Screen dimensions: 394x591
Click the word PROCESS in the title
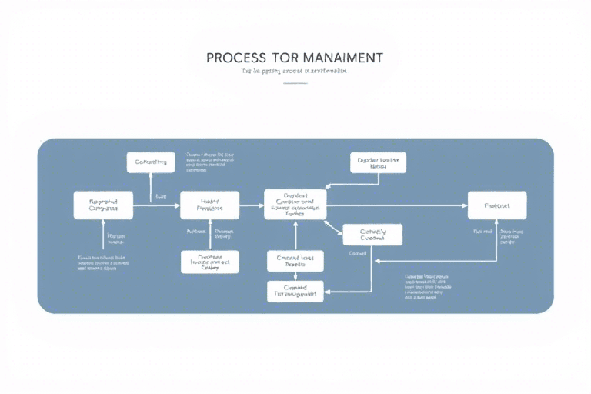tap(235, 58)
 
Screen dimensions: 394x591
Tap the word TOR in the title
tap(284, 58)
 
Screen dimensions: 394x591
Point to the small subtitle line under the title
tap(295, 71)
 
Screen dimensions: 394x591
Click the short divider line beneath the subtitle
tap(295, 83)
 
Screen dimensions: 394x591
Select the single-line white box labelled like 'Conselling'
tap(151, 162)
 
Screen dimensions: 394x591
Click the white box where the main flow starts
tap(103, 205)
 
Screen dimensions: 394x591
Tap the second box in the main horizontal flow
tap(209, 205)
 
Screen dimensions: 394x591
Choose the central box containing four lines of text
tap(295, 205)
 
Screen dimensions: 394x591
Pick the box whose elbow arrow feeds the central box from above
tap(378, 162)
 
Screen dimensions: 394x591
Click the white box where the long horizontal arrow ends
tap(497, 205)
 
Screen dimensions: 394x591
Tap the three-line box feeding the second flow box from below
tap(209, 262)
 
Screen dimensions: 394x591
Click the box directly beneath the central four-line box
tap(295, 261)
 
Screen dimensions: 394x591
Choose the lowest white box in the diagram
tap(296, 290)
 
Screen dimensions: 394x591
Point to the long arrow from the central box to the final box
tap(396, 205)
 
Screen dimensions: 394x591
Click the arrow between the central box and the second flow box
tap(252, 205)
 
